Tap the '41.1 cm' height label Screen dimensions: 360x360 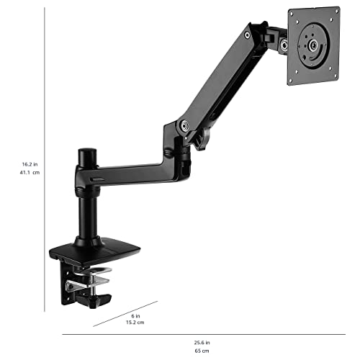pyautogui.click(x=30, y=173)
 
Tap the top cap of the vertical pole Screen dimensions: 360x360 pyautogui.click(x=87, y=153)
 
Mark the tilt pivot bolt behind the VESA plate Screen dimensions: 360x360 pyautogui.click(x=284, y=45)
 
